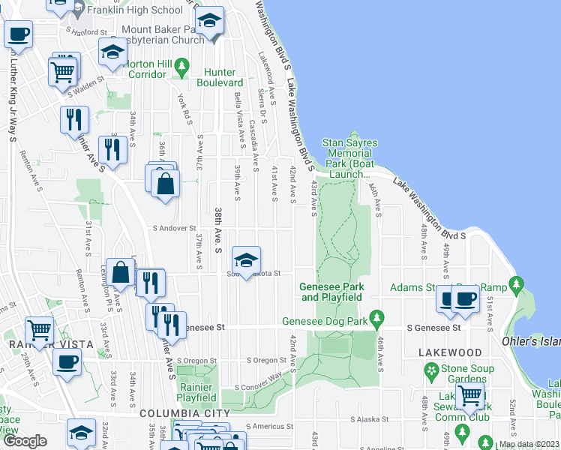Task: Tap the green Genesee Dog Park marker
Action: click(378, 317)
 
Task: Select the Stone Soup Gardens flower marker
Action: click(431, 370)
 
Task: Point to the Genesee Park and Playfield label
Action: click(331, 292)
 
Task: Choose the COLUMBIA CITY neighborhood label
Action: click(184, 413)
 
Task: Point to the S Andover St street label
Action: click(174, 228)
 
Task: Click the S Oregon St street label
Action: click(266, 361)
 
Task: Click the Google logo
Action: click(25, 441)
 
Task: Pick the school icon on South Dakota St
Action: click(246, 260)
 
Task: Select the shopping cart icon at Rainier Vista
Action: click(39, 330)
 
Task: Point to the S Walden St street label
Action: click(84, 94)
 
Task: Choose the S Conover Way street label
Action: click(258, 380)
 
